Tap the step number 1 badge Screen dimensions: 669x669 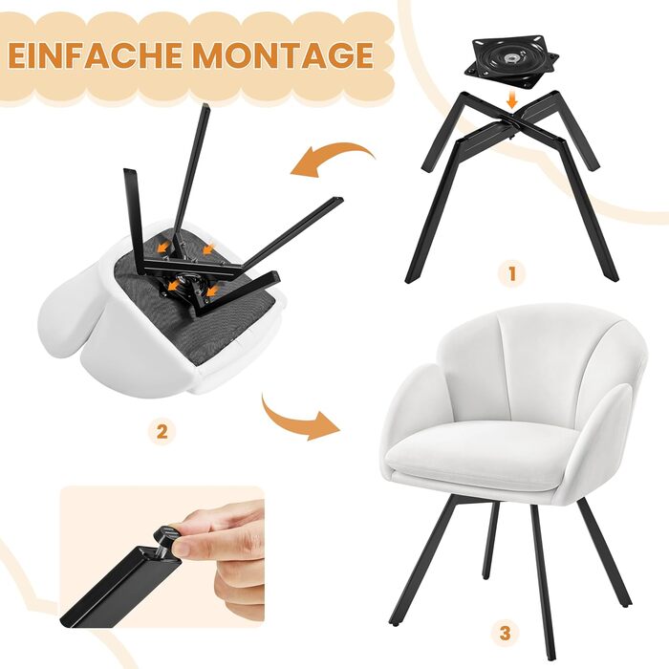[512, 273]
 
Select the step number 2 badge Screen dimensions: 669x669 [162, 433]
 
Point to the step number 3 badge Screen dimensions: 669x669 [505, 633]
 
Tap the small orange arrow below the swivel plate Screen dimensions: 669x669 [512, 101]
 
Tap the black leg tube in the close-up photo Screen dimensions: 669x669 [116, 585]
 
